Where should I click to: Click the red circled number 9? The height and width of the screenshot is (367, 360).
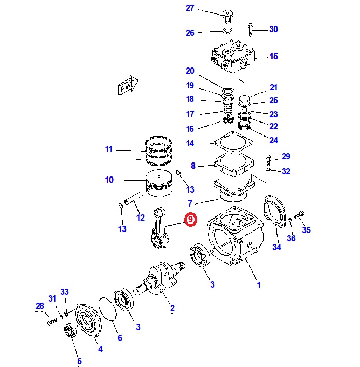[190, 220]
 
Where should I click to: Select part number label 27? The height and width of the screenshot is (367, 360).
[189, 8]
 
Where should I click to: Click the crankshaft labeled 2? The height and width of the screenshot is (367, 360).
[158, 277]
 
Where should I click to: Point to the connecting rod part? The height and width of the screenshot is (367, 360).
[163, 229]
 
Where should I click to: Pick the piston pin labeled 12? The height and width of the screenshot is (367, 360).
[133, 198]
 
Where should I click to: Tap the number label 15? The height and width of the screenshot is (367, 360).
[273, 57]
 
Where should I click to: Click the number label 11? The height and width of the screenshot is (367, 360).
[108, 149]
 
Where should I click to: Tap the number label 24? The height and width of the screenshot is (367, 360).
[273, 140]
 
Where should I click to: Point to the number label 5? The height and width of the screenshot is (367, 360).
[79, 361]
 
